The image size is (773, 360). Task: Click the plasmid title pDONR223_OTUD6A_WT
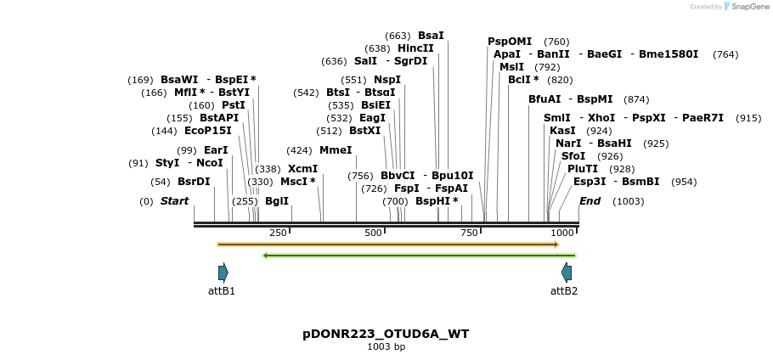coord(386,334)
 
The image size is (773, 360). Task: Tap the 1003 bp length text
coord(386,346)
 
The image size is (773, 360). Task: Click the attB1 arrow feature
coord(223,273)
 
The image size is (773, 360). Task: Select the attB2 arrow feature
coord(567,273)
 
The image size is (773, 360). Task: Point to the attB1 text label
coord(222,290)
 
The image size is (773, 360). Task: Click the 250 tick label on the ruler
coord(278,233)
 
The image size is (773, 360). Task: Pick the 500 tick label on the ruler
coord(373,233)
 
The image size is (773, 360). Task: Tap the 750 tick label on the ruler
coord(469,233)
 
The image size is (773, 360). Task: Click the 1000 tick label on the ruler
coord(561,233)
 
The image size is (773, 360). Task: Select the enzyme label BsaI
coord(431,36)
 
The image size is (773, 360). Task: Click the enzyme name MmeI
coord(336,150)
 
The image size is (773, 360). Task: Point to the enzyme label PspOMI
coord(510,42)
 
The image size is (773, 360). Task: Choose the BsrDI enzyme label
coord(194,182)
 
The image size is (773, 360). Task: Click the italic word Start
coord(174,201)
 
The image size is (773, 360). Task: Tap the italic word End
coord(590,201)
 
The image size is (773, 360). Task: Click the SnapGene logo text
coord(745,6)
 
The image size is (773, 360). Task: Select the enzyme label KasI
coord(562,131)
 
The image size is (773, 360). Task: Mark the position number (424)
coord(299,150)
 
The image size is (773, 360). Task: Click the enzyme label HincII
coord(415,48)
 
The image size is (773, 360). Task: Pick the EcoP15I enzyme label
coord(207,131)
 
